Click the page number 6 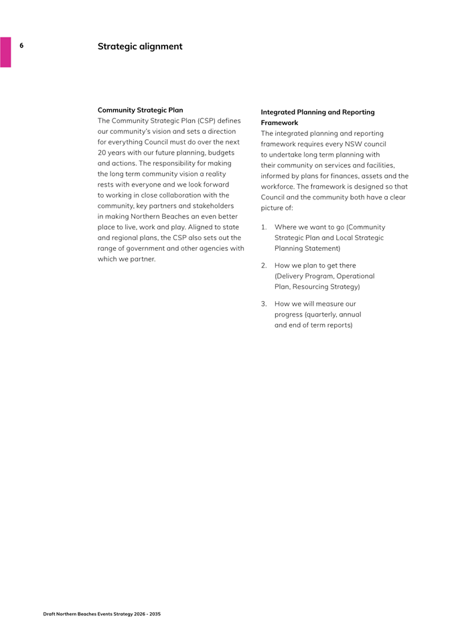coord(21,45)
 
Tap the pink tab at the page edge coord(5,52)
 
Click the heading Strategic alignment coord(139,46)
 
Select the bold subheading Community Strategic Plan coord(140,110)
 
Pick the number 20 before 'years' coord(102,153)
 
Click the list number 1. coord(263,227)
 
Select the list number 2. coord(263,266)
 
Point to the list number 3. coord(263,304)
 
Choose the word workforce coord(280,187)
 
